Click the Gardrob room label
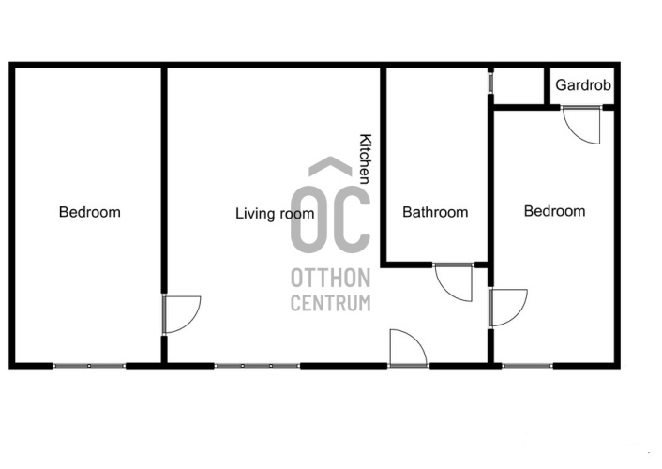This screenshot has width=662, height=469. pyautogui.click(x=583, y=85)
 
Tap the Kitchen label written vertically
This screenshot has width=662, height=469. pyautogui.click(x=365, y=159)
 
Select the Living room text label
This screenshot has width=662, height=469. pyautogui.click(x=275, y=213)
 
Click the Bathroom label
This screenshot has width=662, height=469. pyautogui.click(x=435, y=212)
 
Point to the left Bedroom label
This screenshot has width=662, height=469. pyautogui.click(x=89, y=212)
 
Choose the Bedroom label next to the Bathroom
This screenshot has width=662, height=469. pyautogui.click(x=554, y=211)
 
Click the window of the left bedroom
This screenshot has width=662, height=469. pyautogui.click(x=89, y=366)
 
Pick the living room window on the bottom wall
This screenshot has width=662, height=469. pyautogui.click(x=257, y=366)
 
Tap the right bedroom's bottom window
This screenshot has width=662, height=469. pyautogui.click(x=527, y=366)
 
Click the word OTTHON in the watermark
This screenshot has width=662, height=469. pyautogui.click(x=331, y=278)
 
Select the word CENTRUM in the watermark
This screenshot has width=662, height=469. pyautogui.click(x=331, y=303)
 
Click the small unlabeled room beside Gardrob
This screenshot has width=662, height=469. pyautogui.click(x=519, y=85)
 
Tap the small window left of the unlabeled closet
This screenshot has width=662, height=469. pyautogui.click(x=490, y=83)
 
